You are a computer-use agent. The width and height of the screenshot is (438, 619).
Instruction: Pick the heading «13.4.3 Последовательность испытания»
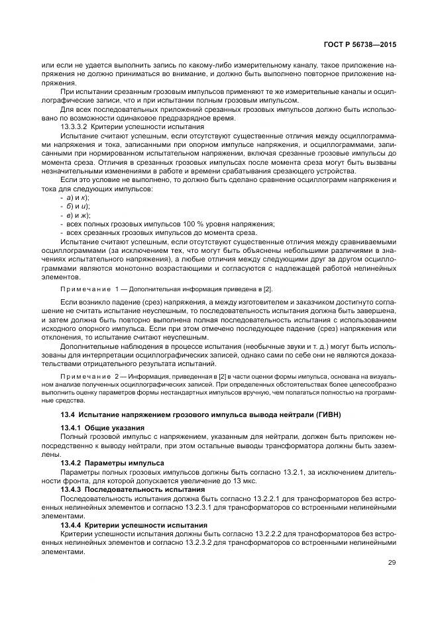[129, 488]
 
